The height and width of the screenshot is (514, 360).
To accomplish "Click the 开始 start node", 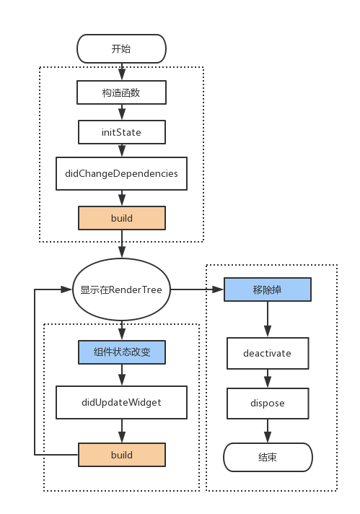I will (x=121, y=49).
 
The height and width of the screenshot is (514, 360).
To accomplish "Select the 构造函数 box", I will (x=121, y=92).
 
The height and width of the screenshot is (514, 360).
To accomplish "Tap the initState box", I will (x=121, y=132).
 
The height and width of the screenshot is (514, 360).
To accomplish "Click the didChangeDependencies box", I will (x=121, y=174).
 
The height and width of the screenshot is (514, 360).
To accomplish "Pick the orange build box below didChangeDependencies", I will (x=121, y=217).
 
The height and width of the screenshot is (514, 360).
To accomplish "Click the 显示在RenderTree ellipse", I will (x=121, y=290).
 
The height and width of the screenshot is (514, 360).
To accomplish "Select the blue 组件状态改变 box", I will (x=121, y=352).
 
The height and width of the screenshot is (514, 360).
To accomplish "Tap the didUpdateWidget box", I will (x=121, y=402).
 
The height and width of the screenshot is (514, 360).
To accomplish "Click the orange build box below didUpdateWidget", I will (x=121, y=455).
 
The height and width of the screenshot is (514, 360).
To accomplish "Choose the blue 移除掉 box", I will (x=268, y=290).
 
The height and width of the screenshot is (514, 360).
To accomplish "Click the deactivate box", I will (x=268, y=354).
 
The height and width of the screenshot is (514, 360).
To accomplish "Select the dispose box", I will (x=268, y=403).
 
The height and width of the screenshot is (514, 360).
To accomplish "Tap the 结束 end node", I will (x=268, y=457).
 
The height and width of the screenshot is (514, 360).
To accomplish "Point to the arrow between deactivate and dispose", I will (x=268, y=378).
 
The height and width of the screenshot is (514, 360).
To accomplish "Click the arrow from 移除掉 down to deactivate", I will (x=268, y=319).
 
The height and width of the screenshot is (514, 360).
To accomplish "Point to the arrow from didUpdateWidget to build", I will (x=121, y=431).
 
